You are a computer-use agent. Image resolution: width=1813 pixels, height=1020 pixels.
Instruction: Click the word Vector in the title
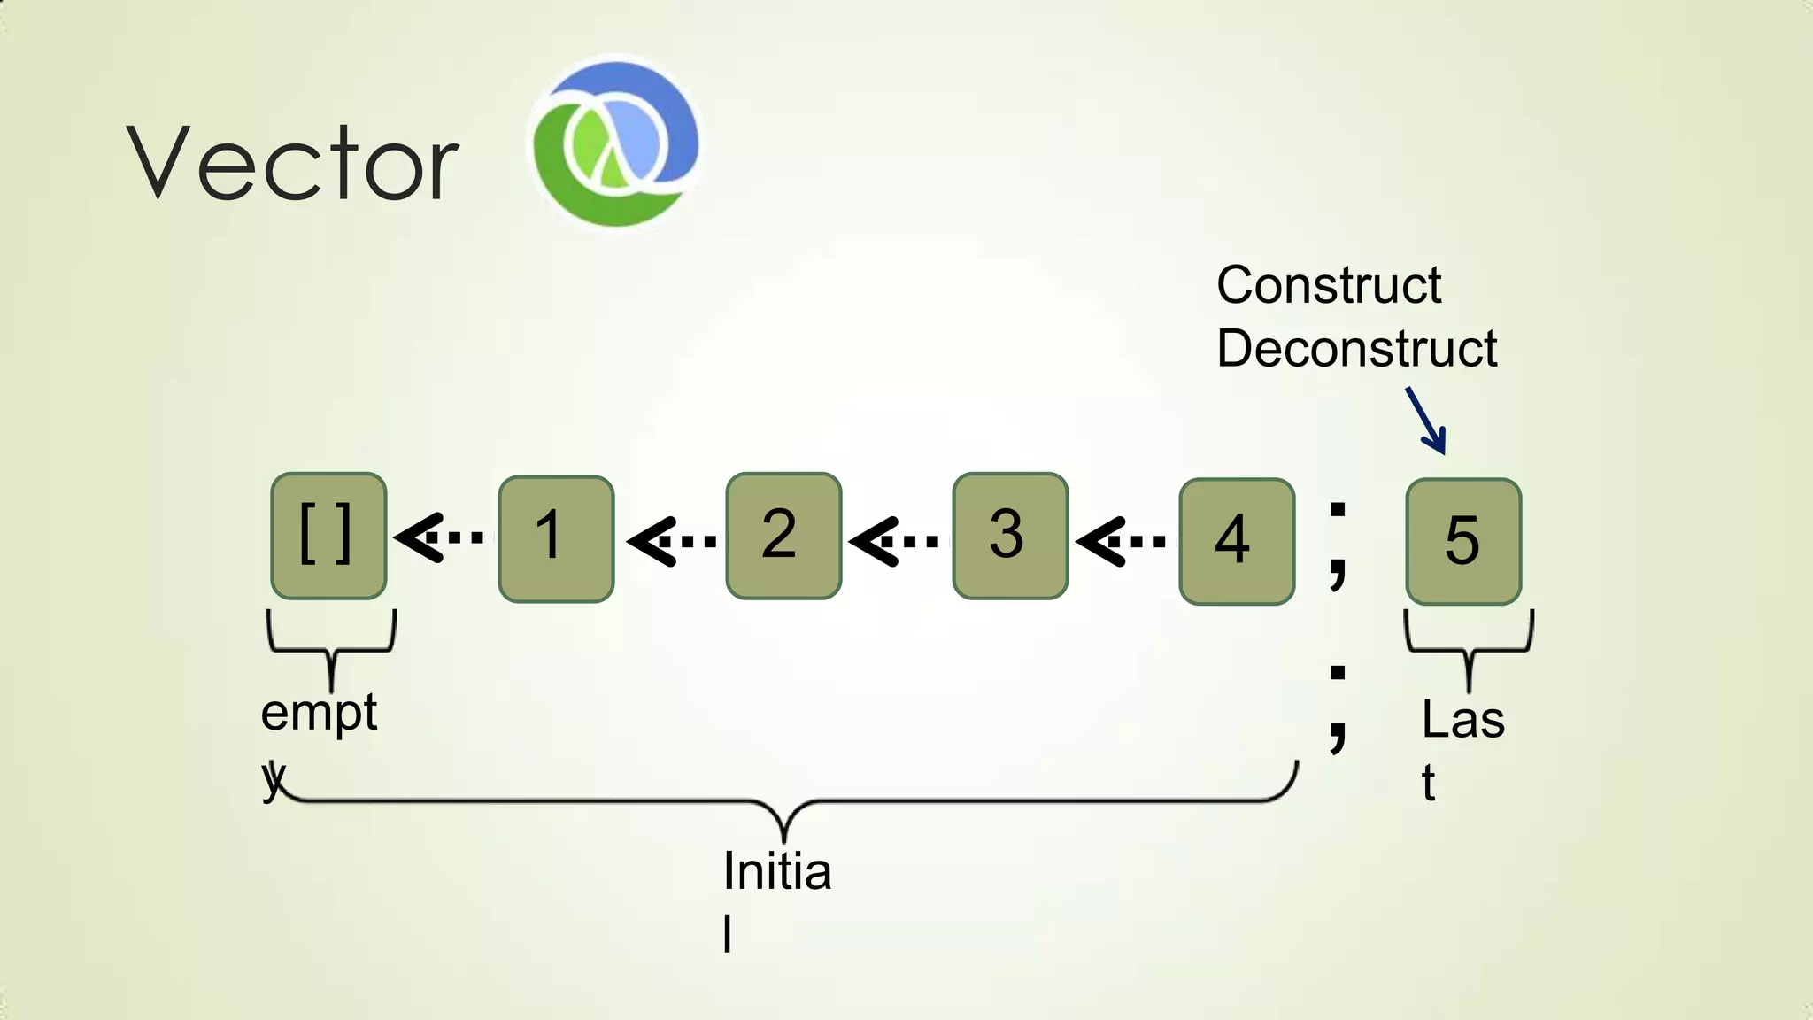pos(292,163)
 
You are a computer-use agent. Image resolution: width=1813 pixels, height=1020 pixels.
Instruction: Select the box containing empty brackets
pos(328,537)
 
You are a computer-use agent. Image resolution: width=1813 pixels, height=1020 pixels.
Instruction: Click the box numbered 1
pos(556,538)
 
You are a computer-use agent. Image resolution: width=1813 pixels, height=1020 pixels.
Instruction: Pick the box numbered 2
pos(783,537)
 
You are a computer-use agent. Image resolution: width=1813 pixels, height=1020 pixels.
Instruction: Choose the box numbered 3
pos(1010,537)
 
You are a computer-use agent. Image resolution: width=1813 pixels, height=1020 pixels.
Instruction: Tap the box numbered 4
pos(1237,541)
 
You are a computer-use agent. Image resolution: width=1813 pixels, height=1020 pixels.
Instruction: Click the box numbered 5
pos(1463,541)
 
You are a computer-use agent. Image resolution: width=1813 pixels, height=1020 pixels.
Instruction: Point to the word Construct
pos(1329,285)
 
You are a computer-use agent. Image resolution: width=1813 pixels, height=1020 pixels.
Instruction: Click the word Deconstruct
pos(1356,348)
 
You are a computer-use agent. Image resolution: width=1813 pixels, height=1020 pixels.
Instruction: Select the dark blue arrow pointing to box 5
pos(1426,421)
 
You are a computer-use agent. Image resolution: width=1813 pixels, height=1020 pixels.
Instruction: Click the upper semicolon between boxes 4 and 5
pos(1338,542)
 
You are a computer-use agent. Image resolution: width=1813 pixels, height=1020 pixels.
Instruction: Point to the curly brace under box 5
pos(1469,651)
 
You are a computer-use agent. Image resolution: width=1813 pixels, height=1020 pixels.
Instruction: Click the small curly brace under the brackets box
pos(331,651)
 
